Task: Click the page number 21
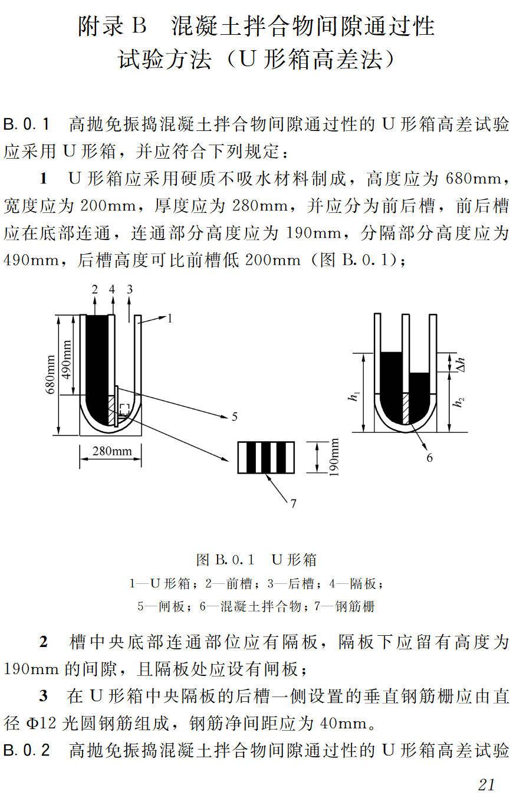point(486,784)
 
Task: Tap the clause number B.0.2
point(27,751)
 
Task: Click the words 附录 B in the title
point(111,27)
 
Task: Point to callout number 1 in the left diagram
point(169,319)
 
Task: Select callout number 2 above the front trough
point(94,289)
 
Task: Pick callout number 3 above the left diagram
point(130,289)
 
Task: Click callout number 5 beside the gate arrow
point(234,417)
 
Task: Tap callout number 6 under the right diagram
point(429,457)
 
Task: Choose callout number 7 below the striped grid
point(292,503)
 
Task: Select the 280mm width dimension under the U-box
point(112,452)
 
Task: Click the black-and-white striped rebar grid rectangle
point(265,457)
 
